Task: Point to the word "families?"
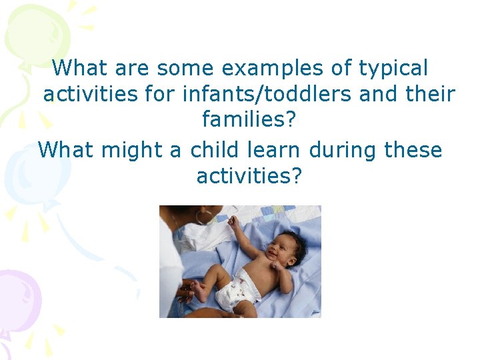point(249,121)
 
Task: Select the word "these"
point(413,149)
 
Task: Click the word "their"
point(428,95)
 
